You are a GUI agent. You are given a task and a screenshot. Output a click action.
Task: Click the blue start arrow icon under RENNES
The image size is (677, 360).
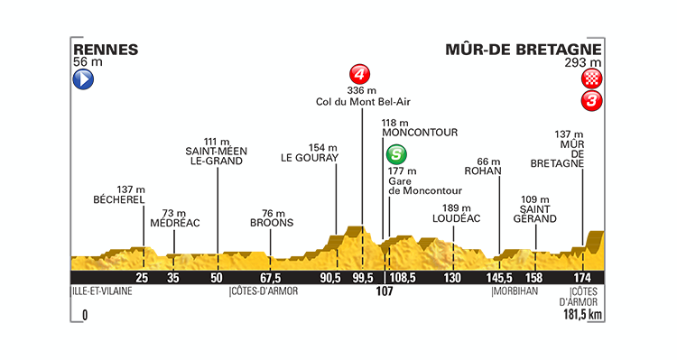(x=82, y=79)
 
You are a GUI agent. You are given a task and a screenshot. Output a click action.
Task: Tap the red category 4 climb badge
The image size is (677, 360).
(x=361, y=73)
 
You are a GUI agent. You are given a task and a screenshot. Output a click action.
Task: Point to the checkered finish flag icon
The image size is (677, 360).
(x=591, y=79)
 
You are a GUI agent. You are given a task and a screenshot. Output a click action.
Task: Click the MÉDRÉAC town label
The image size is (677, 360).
(x=174, y=223)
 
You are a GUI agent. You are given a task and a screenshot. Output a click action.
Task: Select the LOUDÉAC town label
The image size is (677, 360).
(x=452, y=217)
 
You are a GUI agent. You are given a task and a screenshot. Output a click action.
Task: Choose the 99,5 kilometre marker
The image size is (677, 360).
(x=362, y=277)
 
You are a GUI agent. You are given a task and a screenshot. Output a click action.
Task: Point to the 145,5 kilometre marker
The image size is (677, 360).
(x=499, y=277)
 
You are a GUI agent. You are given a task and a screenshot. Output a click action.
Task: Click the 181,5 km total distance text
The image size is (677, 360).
(x=581, y=315)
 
